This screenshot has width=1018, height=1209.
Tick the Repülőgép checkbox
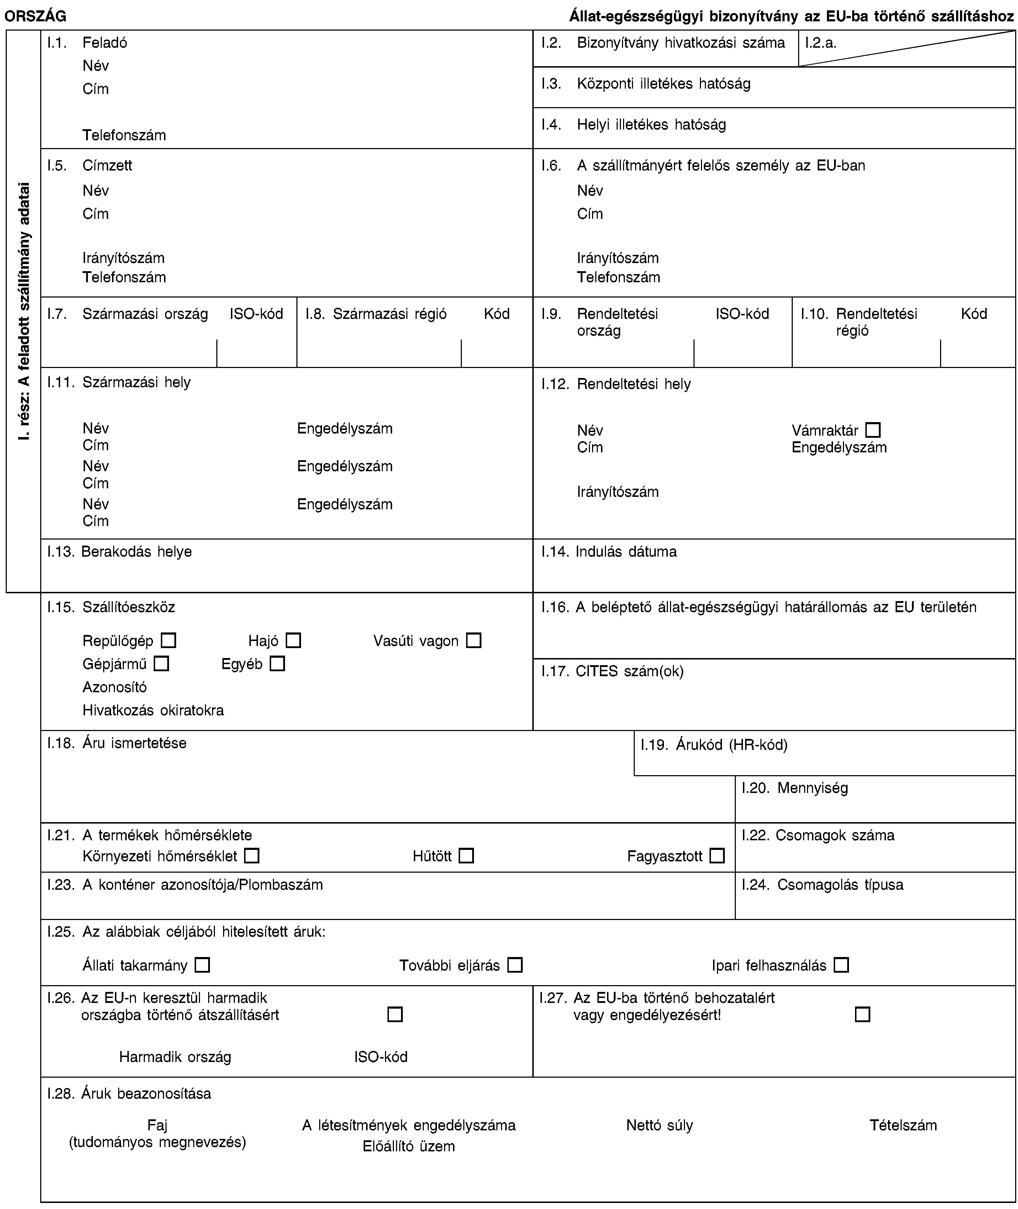pos(169,641)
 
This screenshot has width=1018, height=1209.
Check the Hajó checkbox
pos(293,641)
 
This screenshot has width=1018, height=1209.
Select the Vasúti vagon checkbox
pos(474,641)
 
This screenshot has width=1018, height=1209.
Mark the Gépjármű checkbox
pos(162,664)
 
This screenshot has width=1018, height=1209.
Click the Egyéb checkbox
pos(278,664)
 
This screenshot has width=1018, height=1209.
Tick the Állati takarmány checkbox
pos(202,965)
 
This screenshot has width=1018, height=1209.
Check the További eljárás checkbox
pos(515,965)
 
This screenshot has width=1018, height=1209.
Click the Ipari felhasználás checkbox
pos(842,965)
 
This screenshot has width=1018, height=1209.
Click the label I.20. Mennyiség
pos(795,787)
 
